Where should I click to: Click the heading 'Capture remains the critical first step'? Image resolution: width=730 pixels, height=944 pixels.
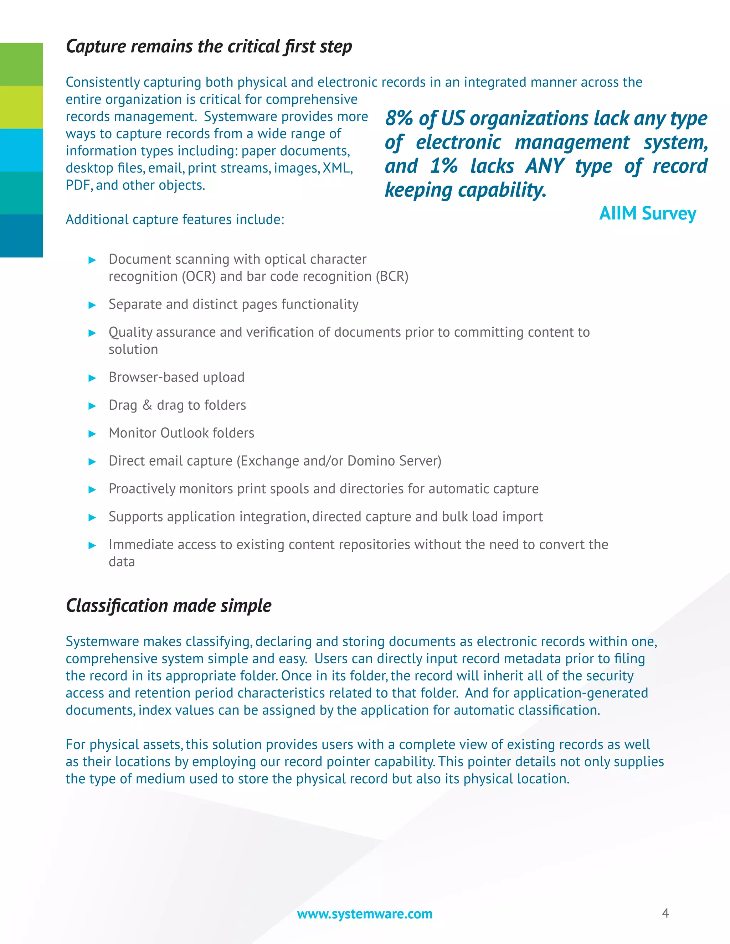[x=209, y=47]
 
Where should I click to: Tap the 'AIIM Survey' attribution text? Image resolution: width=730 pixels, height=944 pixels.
[x=647, y=213]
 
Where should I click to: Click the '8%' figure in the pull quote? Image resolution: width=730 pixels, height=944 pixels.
[x=399, y=118]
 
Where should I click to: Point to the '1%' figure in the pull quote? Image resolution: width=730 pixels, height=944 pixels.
[x=444, y=166]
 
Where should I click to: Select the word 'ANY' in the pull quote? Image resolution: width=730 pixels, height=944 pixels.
[x=545, y=166]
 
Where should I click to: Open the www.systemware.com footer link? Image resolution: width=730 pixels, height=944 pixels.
[x=365, y=914]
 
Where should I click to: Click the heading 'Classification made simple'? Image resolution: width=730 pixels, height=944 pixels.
[x=168, y=606]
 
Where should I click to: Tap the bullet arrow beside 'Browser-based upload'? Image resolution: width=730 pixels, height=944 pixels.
[x=92, y=378]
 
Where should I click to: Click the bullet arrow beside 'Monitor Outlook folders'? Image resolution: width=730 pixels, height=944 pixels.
[x=92, y=434]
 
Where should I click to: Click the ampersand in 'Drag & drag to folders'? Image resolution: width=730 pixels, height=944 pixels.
[x=147, y=405]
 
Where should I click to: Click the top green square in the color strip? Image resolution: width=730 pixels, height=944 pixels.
[x=21, y=64]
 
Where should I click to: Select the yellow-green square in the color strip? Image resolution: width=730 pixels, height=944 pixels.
[x=21, y=107]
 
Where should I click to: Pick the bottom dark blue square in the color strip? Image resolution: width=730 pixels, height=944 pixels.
[x=21, y=235]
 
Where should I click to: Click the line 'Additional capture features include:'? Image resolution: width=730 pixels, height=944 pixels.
[x=175, y=219]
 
